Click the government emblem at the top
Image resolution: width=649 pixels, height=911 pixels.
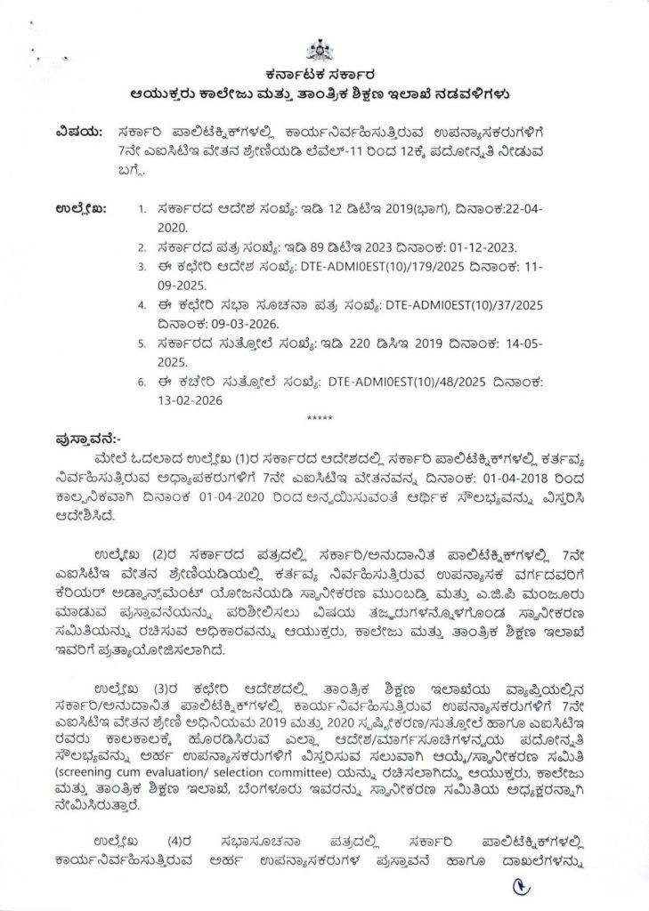pyautogui.click(x=320, y=50)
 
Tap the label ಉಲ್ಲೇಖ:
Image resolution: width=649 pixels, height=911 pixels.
pyautogui.click(x=80, y=209)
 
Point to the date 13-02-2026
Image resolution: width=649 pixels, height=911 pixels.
pyautogui.click(x=190, y=401)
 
